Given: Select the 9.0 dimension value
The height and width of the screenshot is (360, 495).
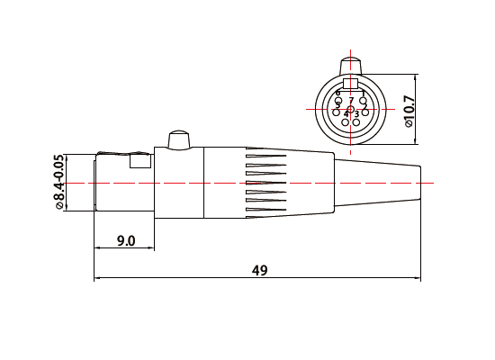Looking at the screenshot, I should pyautogui.click(x=126, y=240).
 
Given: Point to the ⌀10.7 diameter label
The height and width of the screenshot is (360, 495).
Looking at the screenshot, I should pyautogui.click(x=409, y=110).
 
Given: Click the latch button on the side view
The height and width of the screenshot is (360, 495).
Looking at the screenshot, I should pyautogui.click(x=175, y=139).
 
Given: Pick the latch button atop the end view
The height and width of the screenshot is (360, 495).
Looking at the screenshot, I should pyautogui.click(x=351, y=67).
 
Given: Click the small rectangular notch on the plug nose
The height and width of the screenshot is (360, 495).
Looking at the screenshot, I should pyautogui.click(x=141, y=162).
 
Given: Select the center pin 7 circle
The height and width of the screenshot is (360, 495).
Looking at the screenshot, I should pyautogui.click(x=351, y=109).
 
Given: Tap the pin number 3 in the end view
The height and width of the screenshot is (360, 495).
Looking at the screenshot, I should pyautogui.click(x=357, y=114).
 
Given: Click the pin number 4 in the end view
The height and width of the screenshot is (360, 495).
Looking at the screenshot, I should pyautogui.click(x=346, y=114).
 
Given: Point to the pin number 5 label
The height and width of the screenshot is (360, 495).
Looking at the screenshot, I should pyautogui.click(x=337, y=105).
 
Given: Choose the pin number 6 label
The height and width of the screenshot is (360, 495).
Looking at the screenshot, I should pyautogui.click(x=338, y=93).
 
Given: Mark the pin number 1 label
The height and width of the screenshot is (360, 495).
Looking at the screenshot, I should pyautogui.click(x=362, y=93).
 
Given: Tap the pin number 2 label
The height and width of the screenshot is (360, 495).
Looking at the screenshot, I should pyautogui.click(x=364, y=105).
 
